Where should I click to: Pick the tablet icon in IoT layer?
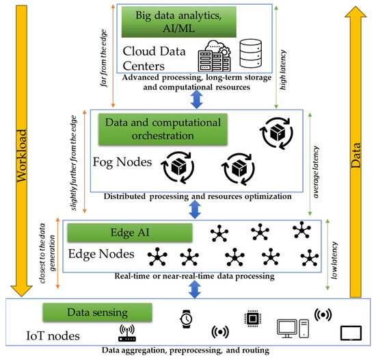point(350,333)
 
